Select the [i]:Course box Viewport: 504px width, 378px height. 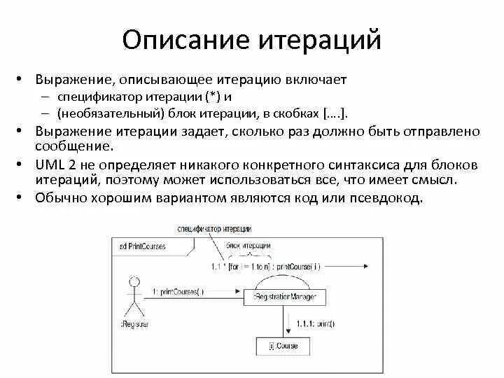point(284,345)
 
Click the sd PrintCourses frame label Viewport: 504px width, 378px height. point(140,246)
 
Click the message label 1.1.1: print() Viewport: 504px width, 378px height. point(315,323)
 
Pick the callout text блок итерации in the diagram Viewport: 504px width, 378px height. point(249,246)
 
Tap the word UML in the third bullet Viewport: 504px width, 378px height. point(47,164)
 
